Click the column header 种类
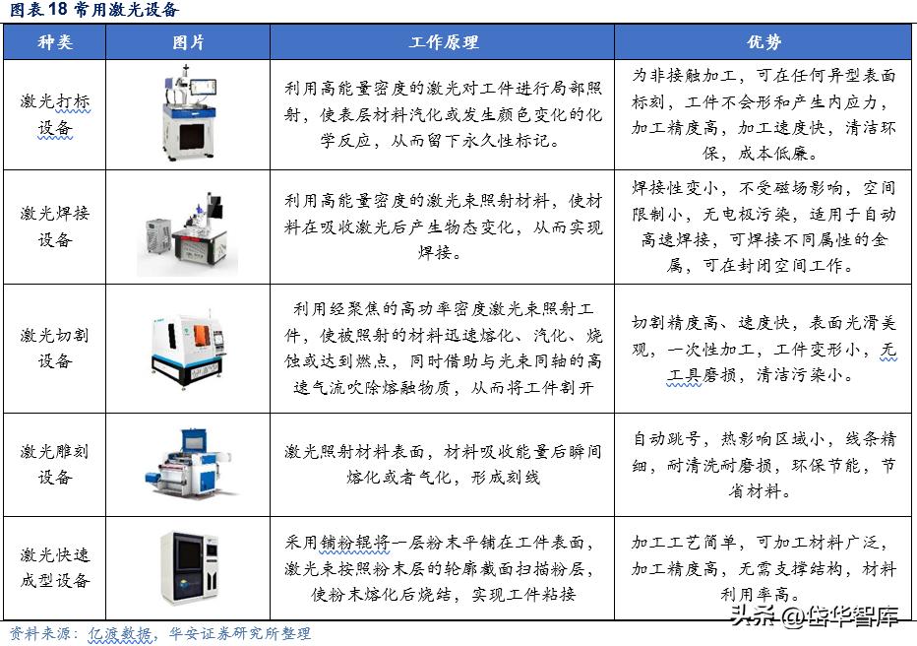click(54, 43)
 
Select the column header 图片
click(188, 43)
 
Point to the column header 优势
click(764, 43)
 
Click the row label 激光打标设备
click(54, 114)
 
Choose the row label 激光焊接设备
click(54, 226)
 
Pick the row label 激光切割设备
click(54, 348)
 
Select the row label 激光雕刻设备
click(54, 464)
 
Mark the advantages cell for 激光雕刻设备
click(764, 464)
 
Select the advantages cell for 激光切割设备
click(764, 349)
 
